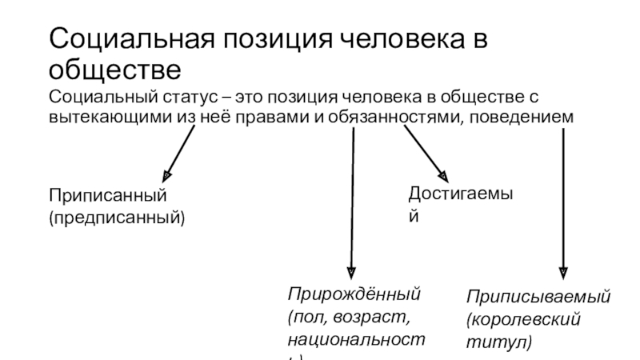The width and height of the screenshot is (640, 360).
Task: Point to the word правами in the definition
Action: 277,118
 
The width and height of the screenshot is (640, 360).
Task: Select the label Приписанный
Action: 107,196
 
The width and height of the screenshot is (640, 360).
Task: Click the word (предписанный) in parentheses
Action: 117,216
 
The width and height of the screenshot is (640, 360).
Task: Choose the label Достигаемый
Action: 460,194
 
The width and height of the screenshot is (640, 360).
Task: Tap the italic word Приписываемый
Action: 539,298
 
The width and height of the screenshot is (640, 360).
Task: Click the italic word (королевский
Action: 523,320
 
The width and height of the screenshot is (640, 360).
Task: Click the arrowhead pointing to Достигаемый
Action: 442,175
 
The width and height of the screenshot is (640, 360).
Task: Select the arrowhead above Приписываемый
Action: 564,271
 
